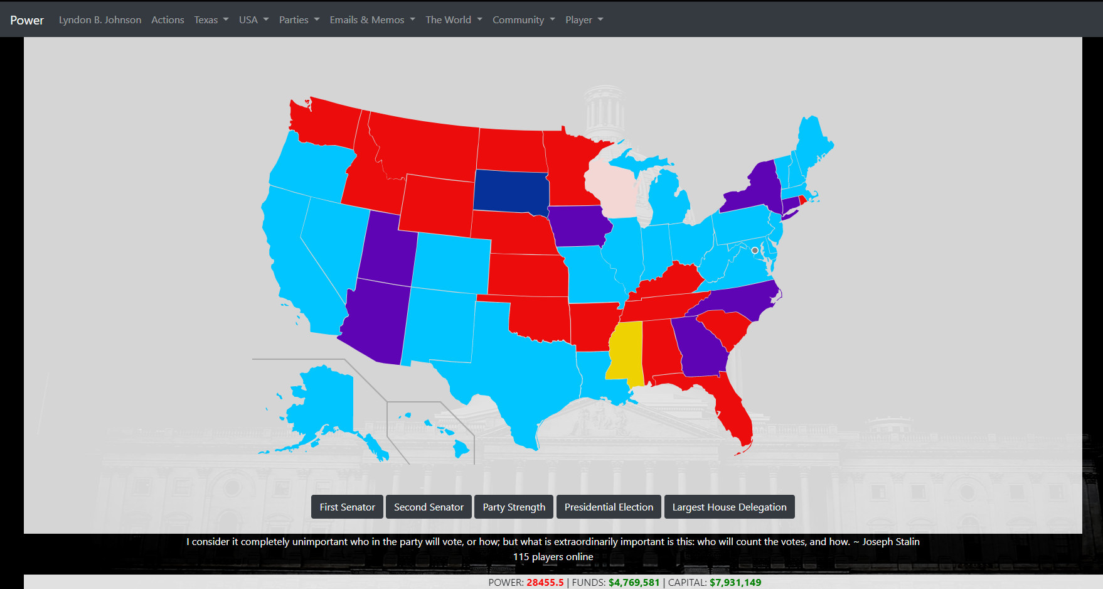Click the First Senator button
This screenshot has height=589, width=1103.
click(347, 507)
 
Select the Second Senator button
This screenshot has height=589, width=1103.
click(429, 507)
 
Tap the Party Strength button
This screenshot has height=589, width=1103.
click(514, 507)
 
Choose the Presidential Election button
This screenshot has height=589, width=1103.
click(609, 507)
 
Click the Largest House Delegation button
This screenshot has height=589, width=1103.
click(729, 507)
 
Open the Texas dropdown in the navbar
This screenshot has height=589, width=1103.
click(211, 19)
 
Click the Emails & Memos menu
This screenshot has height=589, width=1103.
click(372, 19)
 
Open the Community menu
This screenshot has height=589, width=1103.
click(523, 19)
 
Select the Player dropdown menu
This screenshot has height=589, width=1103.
click(583, 19)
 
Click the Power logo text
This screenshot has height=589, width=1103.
click(27, 20)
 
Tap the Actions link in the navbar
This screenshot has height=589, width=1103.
click(168, 19)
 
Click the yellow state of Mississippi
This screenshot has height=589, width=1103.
click(625, 352)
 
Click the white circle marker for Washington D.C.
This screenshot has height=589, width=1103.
click(755, 251)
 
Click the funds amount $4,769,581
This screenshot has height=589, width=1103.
click(634, 582)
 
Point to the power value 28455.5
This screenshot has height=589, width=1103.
click(545, 582)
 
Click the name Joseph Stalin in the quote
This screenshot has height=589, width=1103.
click(891, 541)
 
